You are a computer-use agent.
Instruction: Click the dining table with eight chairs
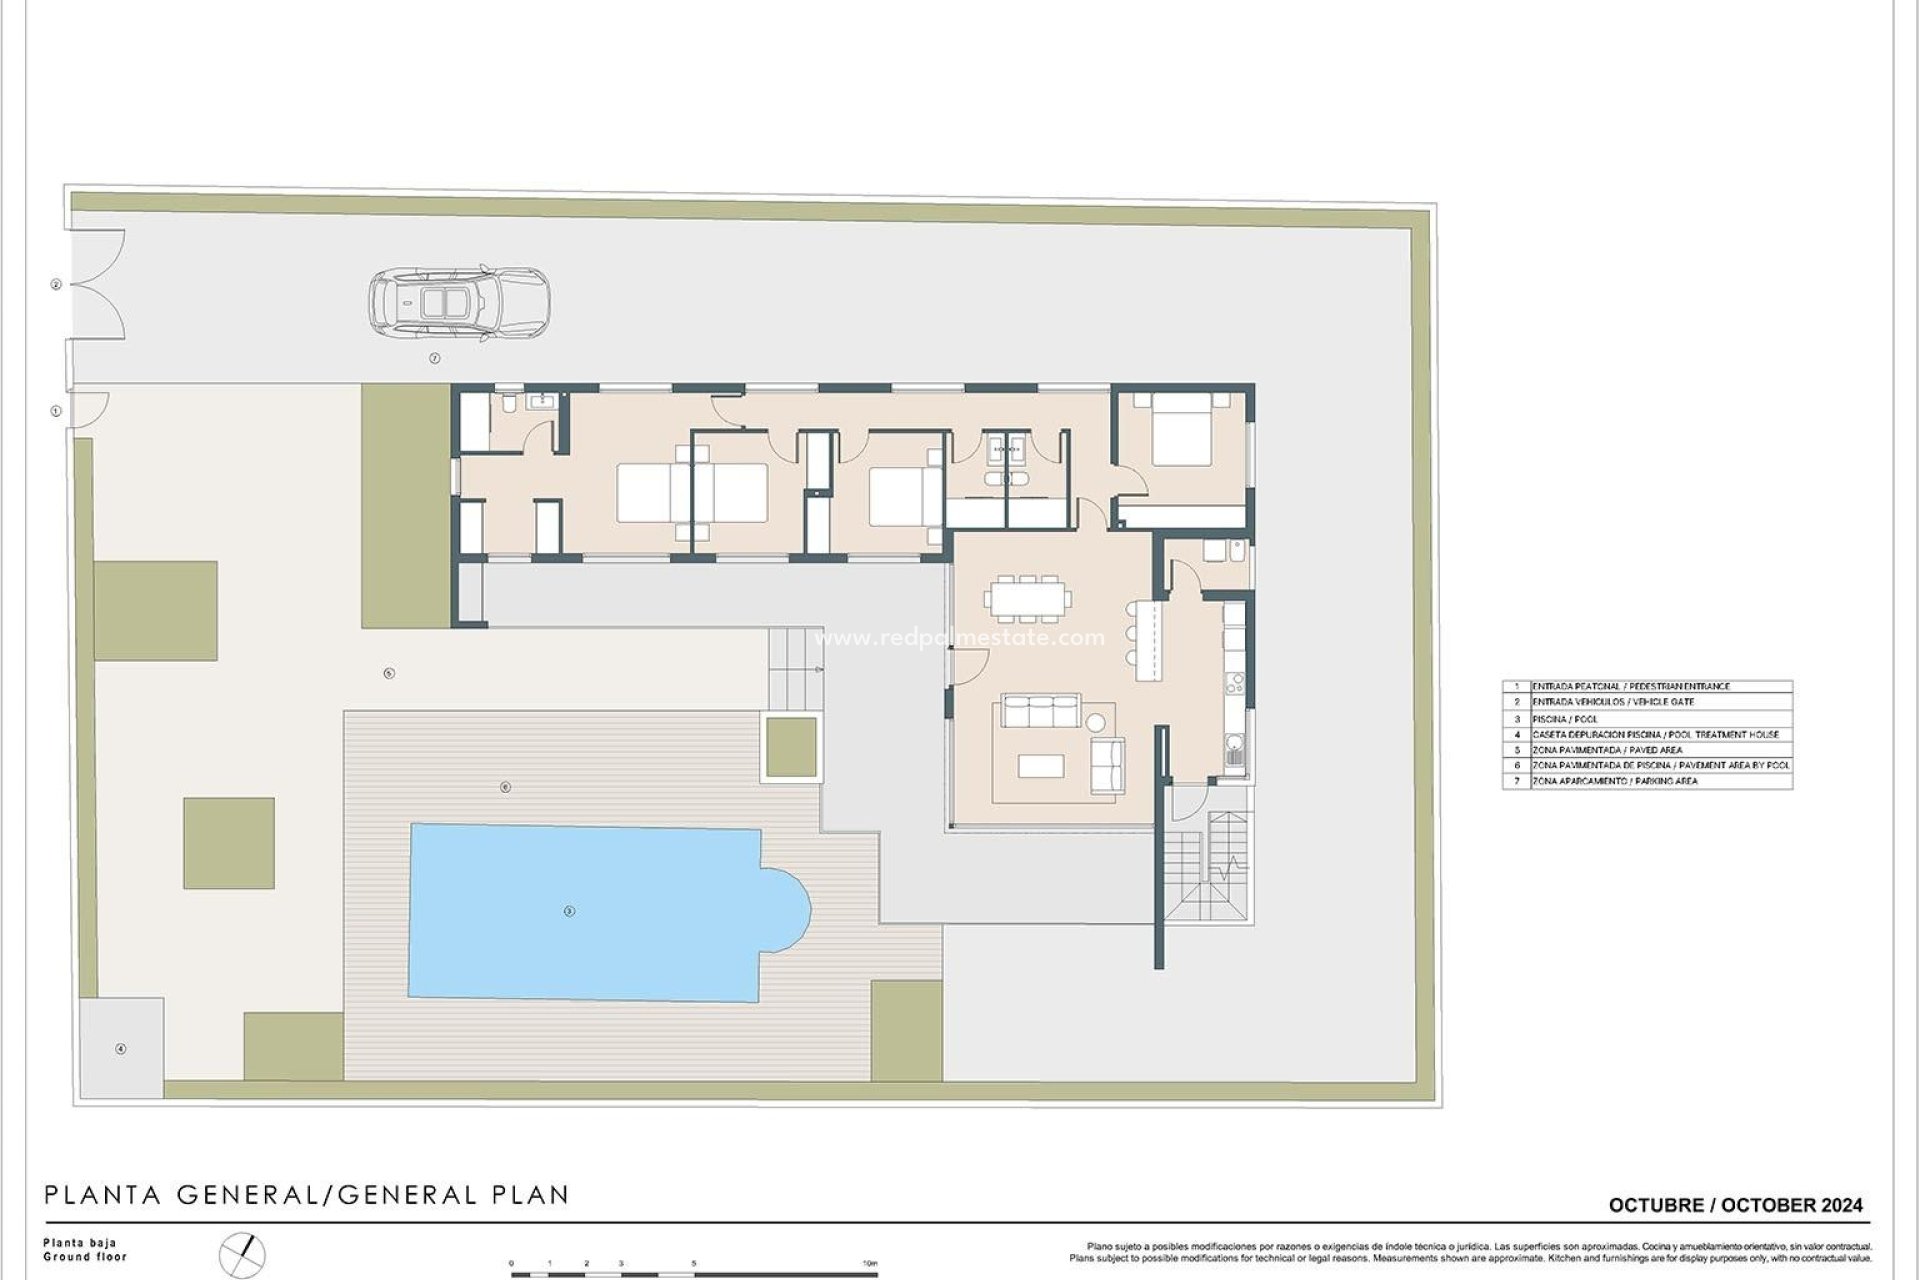(x=1027, y=599)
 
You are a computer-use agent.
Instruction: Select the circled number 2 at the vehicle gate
(x=56, y=285)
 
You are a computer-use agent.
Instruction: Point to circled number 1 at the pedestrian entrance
(x=56, y=411)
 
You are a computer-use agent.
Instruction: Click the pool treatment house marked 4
(x=121, y=1049)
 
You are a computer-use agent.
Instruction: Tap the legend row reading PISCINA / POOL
(x=1646, y=719)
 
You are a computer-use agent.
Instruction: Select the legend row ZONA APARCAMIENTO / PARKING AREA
(x=1646, y=781)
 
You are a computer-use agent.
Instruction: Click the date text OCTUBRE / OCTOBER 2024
(x=1735, y=1205)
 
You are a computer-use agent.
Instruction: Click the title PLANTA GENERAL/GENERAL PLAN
(x=307, y=1194)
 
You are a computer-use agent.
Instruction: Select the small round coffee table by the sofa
(x=1096, y=722)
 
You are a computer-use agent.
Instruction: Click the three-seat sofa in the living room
(x=1041, y=712)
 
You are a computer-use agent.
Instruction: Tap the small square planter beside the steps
(x=791, y=747)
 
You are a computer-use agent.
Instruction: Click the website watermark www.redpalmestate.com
(x=959, y=638)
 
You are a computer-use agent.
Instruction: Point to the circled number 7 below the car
(x=434, y=358)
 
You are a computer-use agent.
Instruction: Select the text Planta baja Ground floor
(x=85, y=1250)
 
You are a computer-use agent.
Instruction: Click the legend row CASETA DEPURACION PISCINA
(x=1646, y=734)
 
